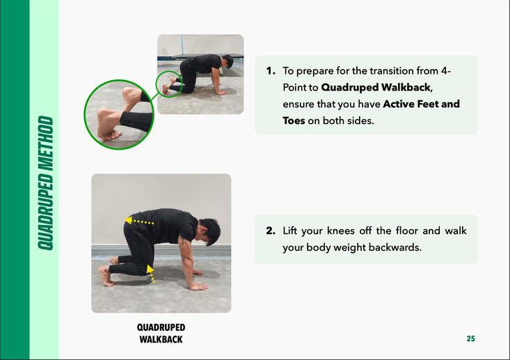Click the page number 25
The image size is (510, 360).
coord(470,338)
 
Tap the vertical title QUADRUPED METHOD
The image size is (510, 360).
coord(45,183)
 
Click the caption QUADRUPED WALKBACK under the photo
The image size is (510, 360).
coord(161,334)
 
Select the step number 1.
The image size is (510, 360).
coord(271,70)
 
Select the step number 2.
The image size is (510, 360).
coord(271,230)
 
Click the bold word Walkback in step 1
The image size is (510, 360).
coord(406,87)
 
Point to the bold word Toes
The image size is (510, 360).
coord(294,120)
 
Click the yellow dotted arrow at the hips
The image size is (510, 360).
coord(139,221)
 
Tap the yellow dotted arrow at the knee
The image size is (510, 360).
coord(150,274)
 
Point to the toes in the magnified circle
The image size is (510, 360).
coord(111,135)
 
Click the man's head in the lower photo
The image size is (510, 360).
coord(209,230)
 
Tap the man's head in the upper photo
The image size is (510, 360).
coord(228,61)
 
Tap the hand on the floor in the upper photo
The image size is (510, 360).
coord(221,93)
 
